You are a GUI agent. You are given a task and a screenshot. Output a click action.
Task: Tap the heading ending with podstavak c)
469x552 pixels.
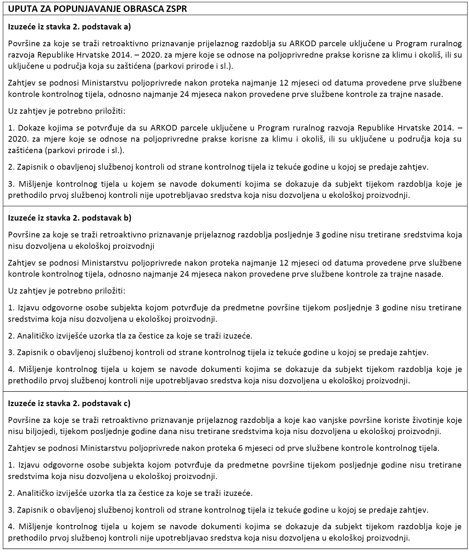point(69,403)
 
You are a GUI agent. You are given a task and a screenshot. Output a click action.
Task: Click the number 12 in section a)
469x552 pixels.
point(285,83)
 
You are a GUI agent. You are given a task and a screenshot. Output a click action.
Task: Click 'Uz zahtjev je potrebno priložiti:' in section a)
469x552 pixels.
point(67,111)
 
